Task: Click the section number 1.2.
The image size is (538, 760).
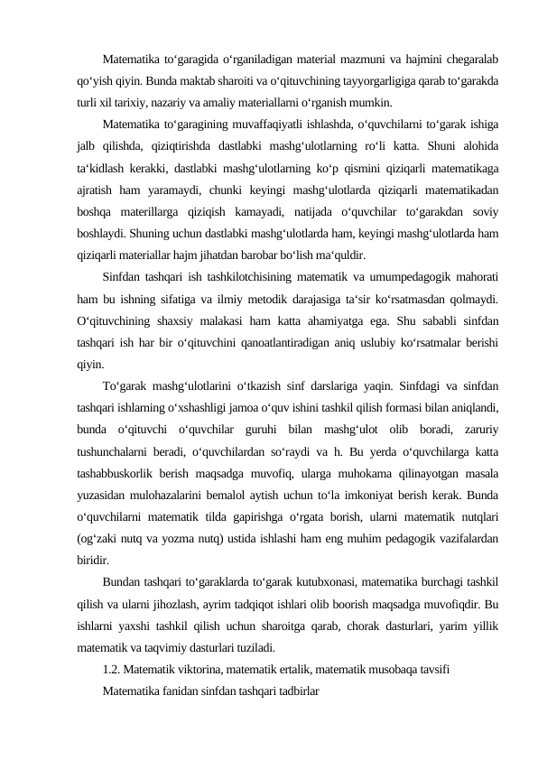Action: coord(112,668)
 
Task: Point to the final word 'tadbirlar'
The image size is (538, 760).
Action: coord(294,688)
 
